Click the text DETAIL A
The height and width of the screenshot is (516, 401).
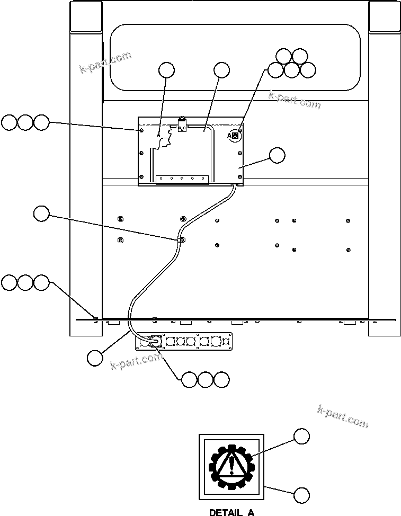(231, 512)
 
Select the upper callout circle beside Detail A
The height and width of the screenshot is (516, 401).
(301, 436)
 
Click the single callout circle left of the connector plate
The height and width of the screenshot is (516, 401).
(95, 357)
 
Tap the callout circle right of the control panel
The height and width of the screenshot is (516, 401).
(277, 155)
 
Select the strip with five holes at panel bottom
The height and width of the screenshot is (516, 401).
(182, 179)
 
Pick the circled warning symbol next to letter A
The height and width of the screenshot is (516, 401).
(236, 136)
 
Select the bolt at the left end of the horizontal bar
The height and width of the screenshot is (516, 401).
(95, 318)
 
